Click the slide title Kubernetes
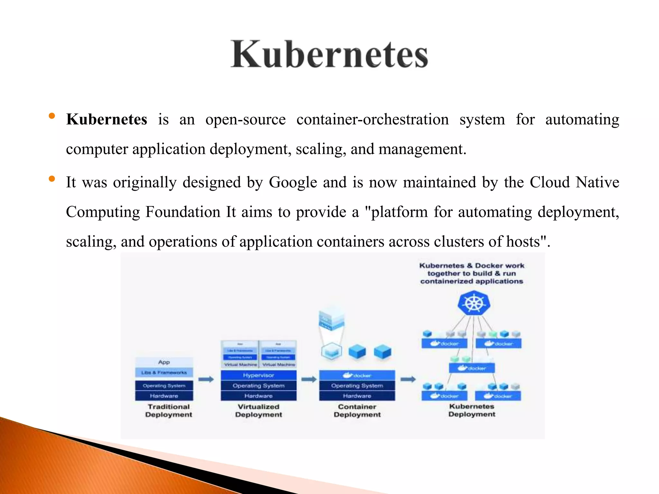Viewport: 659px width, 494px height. point(329,54)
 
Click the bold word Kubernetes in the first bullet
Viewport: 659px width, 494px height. point(107,119)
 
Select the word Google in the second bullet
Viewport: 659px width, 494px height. point(293,182)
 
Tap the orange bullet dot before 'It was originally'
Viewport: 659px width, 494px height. point(52,179)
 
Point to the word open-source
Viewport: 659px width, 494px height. point(245,120)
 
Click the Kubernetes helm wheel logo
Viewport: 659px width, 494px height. point(474,303)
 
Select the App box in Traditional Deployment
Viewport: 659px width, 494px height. point(164,362)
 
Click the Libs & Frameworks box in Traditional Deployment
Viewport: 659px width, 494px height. point(164,372)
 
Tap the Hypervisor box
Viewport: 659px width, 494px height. point(258,375)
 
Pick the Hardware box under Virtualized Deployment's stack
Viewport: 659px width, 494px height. point(258,396)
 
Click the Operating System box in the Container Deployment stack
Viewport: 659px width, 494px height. point(357,386)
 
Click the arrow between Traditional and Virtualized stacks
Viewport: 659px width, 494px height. point(206,380)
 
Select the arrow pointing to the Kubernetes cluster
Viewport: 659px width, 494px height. point(408,380)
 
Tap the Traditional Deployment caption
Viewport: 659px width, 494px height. point(169,411)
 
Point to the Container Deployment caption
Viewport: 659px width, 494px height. point(357,411)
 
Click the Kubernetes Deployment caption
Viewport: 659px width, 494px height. point(472,410)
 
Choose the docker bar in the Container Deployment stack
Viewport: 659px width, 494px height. point(357,375)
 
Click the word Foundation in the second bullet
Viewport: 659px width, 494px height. point(183,212)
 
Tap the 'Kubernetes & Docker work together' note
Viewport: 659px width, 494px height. point(472,273)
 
